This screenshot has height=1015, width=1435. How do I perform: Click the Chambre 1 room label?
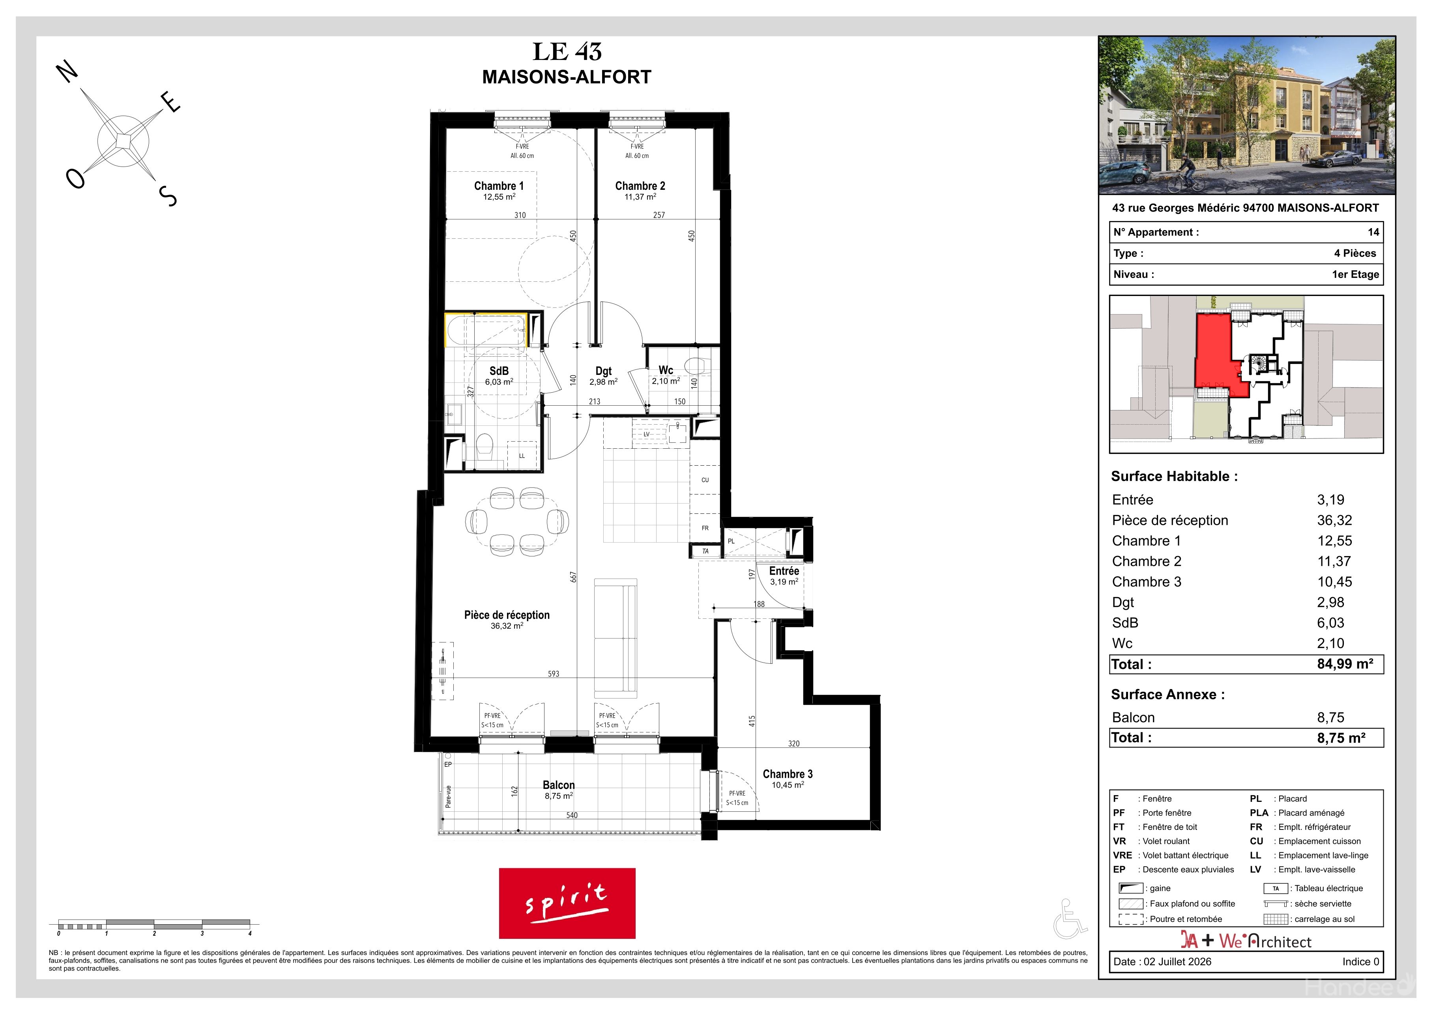click(499, 185)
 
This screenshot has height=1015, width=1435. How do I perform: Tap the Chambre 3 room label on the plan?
click(788, 774)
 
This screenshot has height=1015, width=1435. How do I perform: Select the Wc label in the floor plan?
click(666, 370)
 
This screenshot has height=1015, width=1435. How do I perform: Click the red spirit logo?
click(567, 903)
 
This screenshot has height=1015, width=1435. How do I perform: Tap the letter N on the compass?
click(68, 73)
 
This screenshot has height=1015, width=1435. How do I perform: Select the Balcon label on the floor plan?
click(559, 785)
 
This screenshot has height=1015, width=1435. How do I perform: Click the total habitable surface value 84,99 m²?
click(1345, 664)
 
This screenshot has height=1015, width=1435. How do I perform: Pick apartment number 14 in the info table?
click(1373, 232)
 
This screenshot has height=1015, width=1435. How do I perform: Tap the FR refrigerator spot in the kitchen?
click(705, 528)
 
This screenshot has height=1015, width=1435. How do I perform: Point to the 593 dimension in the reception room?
click(554, 674)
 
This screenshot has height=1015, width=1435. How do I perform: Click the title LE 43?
click(567, 51)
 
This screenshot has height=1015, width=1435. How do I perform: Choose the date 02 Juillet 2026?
click(1177, 962)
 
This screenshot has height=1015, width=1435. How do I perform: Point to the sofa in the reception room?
click(616, 637)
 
